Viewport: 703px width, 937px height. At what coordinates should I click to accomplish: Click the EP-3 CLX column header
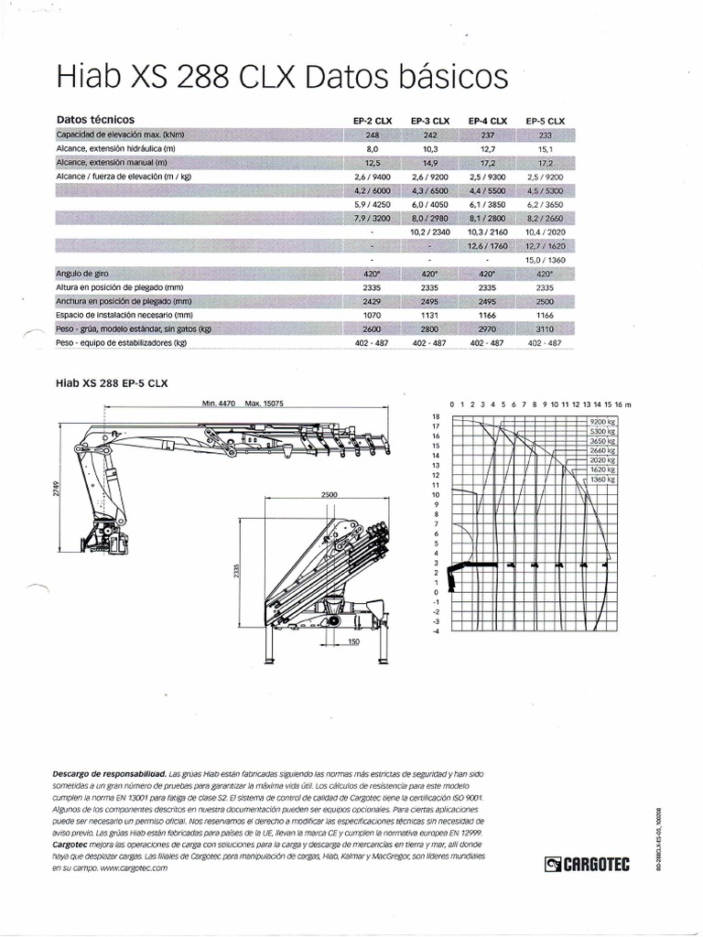430,121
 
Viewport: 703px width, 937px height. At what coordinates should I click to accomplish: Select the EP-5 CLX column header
546,121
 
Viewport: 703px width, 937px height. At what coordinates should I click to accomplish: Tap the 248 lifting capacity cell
373,135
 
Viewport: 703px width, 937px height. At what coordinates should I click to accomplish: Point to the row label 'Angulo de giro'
82,274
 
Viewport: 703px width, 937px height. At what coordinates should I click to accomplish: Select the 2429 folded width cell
373,301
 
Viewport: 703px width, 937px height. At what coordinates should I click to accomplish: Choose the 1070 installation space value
373,315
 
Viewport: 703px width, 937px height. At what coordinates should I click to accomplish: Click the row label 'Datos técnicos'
95,120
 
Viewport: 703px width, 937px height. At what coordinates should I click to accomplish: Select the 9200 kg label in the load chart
602,421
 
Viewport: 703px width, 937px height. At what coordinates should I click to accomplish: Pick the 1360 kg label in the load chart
602,479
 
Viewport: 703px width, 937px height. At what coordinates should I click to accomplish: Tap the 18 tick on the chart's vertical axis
437,415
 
